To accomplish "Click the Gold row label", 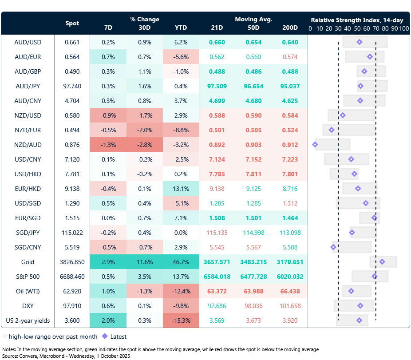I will pos(28,262).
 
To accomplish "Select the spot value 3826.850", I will pos(72,262).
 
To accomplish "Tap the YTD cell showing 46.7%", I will pos(181,262).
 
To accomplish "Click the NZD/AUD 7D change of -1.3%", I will pos(108,145).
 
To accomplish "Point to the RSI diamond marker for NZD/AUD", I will pos(315,145).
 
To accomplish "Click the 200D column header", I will pos(290,28).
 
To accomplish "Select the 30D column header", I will pos(144,28).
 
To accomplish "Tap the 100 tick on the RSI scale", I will pos(403,28).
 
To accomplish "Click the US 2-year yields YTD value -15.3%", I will pos(181,320).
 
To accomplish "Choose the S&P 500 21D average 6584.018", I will pos(217,277).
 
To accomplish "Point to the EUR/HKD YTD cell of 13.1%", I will pos(181,189).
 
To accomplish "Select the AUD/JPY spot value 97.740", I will pos(72,86).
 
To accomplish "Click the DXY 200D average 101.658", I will pos(290,306).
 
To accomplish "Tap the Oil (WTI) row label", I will pos(28,291).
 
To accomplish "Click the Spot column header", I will pos(72,23).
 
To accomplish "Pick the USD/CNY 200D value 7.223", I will pos(290,159).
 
